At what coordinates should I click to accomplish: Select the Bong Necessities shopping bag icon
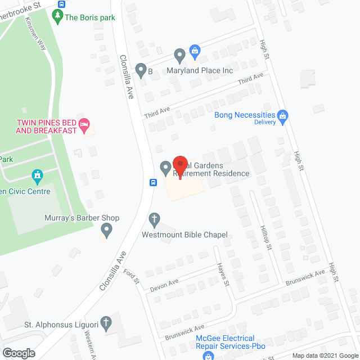coord(283,117)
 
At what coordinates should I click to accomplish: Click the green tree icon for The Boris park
coord(57,17)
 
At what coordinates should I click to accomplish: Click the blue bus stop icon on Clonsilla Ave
coord(152,182)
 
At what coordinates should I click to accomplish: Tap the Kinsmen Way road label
coord(35,33)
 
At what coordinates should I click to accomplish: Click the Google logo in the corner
coord(19,353)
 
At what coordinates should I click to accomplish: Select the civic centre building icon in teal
coord(38,176)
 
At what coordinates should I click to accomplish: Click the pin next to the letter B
coord(141,71)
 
